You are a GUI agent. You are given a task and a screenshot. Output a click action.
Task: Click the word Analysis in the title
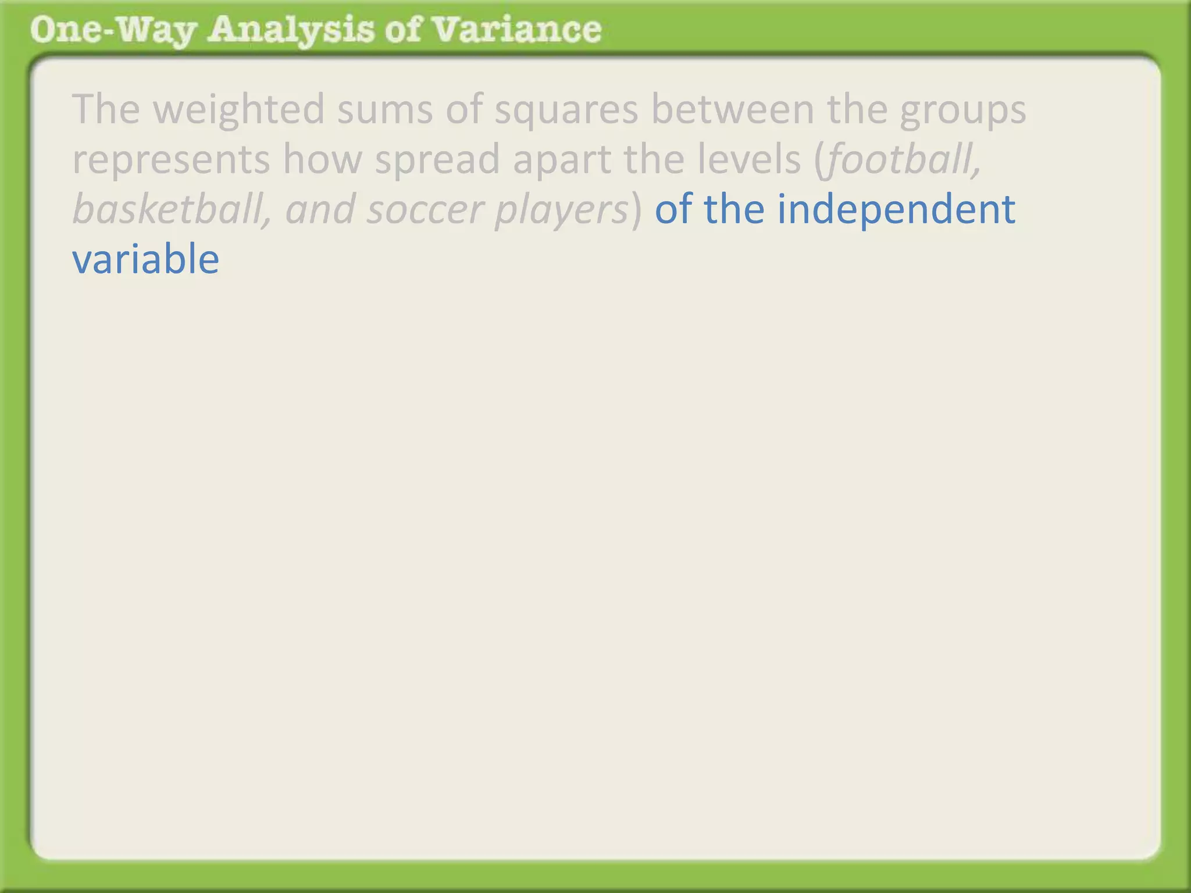291,30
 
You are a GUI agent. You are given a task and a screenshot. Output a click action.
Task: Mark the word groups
962,110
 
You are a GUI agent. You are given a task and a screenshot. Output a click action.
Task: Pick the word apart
562,160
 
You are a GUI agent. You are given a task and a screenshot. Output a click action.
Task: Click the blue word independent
896,209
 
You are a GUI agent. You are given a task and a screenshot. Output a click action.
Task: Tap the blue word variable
145,259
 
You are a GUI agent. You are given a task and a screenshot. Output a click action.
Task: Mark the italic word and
320,209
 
